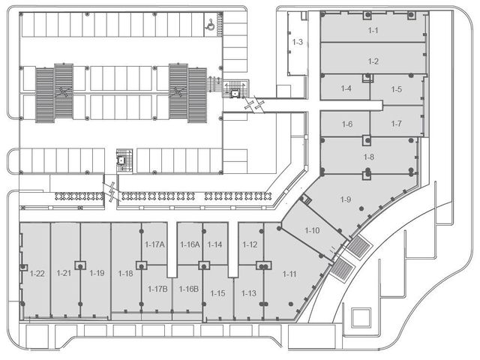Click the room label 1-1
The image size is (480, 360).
click(x=373, y=30)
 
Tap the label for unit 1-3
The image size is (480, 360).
click(x=298, y=42)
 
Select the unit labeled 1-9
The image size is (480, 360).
click(x=346, y=199)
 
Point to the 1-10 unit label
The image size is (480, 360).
click(x=312, y=230)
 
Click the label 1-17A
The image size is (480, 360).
click(x=154, y=244)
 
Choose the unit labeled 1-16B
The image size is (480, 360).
click(x=188, y=289)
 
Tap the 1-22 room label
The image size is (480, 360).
click(x=37, y=273)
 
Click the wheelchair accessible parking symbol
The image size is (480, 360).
click(x=210, y=24)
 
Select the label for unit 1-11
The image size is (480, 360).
click(x=289, y=274)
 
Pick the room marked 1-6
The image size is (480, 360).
click(x=347, y=124)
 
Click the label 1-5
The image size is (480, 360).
click(x=396, y=89)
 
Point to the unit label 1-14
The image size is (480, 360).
click(x=214, y=244)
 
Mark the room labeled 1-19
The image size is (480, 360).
click(x=97, y=273)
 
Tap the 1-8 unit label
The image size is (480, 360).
click(x=368, y=157)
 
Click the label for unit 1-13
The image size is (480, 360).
click(x=248, y=293)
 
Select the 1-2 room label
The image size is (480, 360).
click(x=373, y=61)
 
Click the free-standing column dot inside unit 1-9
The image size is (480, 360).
click(x=361, y=208)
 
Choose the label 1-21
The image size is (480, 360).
click(x=64, y=273)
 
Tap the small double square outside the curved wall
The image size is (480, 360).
click(x=361, y=317)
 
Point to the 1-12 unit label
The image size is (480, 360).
click(x=250, y=244)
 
